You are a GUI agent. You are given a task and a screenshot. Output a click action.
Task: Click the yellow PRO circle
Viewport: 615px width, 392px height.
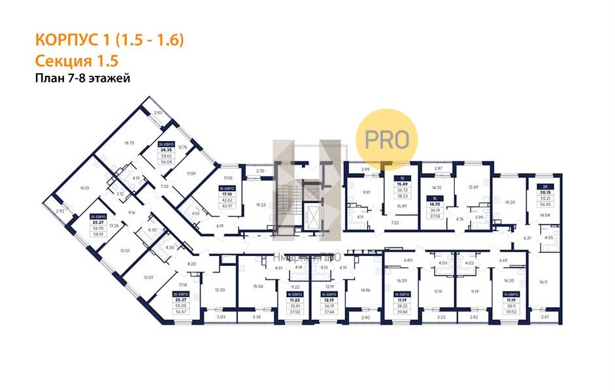coord(386,138)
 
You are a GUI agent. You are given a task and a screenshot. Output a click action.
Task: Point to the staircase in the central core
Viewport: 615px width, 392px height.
coord(286,203)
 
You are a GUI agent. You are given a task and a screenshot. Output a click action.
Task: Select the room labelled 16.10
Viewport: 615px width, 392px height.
coord(84,188)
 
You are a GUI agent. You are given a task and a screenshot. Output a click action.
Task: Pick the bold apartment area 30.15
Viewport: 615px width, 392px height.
coord(544,193)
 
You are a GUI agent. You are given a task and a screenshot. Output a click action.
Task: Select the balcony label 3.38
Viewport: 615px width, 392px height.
coord(257,317)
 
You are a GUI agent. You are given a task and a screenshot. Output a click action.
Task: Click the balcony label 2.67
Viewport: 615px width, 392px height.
coord(545,317)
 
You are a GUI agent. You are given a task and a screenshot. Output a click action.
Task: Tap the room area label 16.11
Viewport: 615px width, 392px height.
coord(544,282)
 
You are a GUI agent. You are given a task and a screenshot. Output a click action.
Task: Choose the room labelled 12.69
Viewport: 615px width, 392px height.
coord(474,188)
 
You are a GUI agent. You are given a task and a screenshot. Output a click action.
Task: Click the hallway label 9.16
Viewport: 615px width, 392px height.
coord(131,212)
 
